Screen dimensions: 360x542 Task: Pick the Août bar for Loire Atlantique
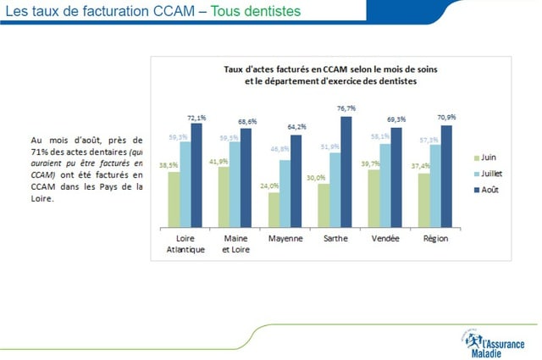click(196, 175)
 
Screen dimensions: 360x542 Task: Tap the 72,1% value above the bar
click(196, 117)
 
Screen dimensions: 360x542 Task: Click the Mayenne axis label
click(285, 239)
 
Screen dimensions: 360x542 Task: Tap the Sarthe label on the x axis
click(335, 239)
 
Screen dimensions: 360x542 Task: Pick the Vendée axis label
click(385, 239)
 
